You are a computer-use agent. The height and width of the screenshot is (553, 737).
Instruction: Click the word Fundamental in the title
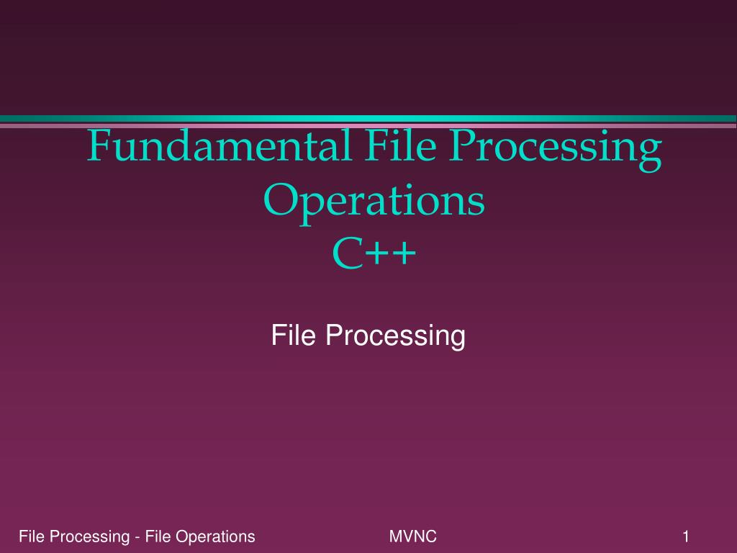coord(219,145)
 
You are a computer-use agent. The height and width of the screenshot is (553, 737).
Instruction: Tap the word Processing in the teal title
coord(556,150)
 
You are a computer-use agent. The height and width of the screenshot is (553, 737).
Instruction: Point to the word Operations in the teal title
coord(374,203)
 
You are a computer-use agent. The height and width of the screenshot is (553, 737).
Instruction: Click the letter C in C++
coord(348,253)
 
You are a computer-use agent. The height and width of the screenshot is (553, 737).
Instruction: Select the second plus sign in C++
coord(404,254)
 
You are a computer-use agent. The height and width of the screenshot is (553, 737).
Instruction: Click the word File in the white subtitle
coord(294,335)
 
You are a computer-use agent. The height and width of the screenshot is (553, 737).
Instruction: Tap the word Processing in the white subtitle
coord(395,337)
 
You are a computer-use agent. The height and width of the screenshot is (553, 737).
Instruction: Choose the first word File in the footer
coord(32,536)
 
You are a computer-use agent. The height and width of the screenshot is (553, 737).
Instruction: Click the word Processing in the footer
coord(89,537)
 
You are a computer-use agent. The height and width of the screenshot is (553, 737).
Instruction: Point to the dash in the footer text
coord(137,537)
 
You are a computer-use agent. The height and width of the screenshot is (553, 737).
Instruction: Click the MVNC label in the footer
coord(412,536)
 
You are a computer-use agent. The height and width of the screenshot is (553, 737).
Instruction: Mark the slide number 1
coord(686,536)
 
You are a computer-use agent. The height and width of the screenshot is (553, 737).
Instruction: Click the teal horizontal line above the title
coord(368,119)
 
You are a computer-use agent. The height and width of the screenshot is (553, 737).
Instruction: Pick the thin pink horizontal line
coord(368,125)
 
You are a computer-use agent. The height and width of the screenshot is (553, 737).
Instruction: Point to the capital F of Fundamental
coord(99,145)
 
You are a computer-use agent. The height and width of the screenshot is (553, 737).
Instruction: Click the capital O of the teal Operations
coord(281,200)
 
